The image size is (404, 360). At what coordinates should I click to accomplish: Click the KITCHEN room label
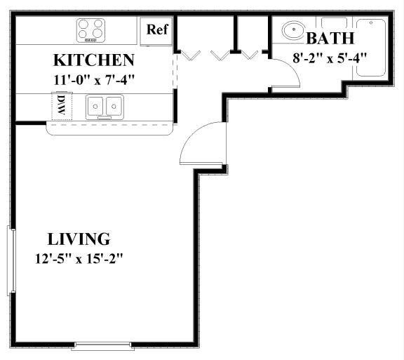tap(94, 60)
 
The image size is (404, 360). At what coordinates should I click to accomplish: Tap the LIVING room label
tap(79, 239)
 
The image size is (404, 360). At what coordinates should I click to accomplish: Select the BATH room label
tap(330, 38)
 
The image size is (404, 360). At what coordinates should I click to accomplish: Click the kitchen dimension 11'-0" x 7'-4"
tap(94, 80)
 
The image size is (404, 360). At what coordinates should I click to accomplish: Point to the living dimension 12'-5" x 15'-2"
tap(79, 259)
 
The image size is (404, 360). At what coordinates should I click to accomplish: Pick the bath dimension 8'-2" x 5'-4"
tap(330, 58)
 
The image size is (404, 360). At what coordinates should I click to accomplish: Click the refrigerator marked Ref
tap(156, 32)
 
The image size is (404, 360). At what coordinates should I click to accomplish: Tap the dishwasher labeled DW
tap(62, 106)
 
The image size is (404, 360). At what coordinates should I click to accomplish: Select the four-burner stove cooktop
tap(91, 30)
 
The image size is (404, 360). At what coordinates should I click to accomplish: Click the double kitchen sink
tap(105, 107)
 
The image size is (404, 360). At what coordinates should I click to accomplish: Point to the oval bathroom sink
tap(293, 30)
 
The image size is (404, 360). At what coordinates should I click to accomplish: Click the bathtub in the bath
tap(371, 48)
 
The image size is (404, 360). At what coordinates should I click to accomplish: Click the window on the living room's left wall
tap(11, 261)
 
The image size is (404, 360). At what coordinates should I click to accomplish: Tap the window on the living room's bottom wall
tap(103, 346)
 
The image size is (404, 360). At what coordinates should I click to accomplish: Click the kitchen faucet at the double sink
tap(105, 118)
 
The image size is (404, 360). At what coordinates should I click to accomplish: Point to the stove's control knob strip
tap(90, 40)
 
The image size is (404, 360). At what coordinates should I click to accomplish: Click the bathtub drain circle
tap(371, 22)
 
